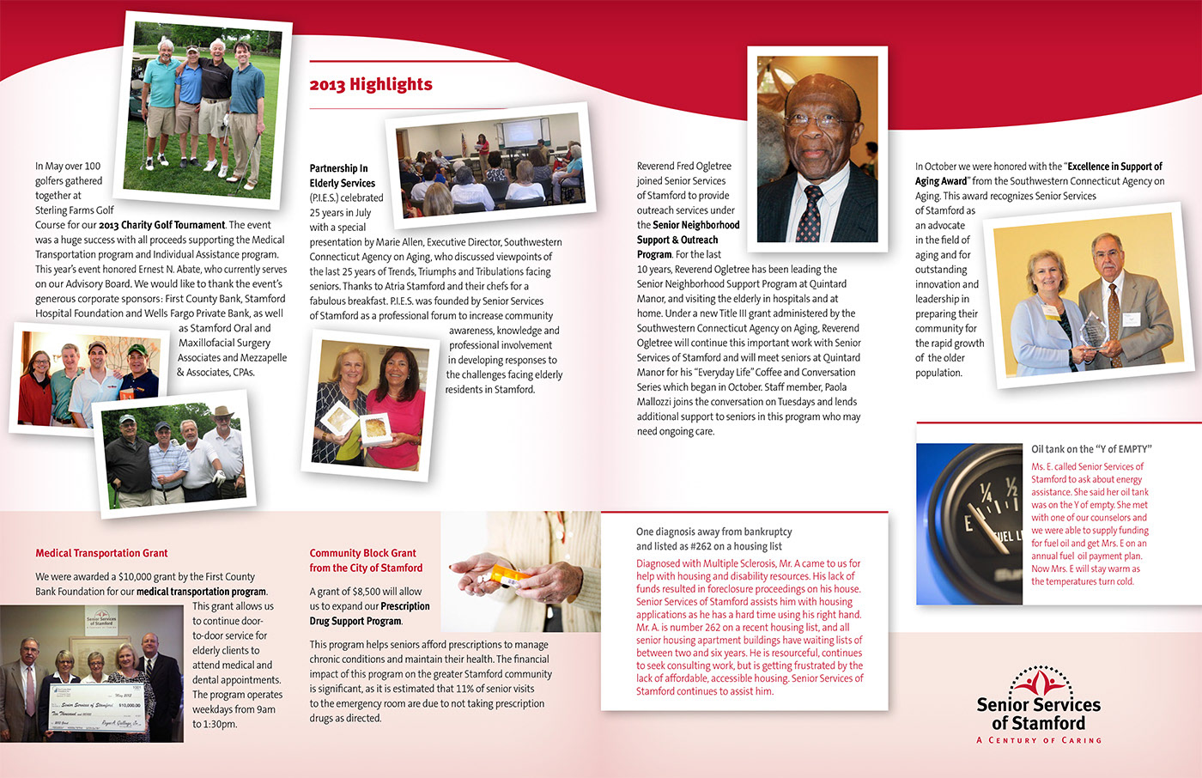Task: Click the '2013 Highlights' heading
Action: point(371,84)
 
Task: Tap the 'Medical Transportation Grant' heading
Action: point(101,553)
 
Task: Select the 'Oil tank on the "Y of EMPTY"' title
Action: point(1091,449)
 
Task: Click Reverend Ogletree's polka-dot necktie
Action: point(810,212)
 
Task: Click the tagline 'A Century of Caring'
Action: point(1039,740)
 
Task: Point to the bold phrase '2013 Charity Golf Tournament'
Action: point(161,225)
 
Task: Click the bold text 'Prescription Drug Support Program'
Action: point(369,613)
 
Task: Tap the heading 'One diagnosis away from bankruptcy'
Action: point(713,532)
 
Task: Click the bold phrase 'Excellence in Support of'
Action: point(1114,167)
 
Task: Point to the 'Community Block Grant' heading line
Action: point(362,553)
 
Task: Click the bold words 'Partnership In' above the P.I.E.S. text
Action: point(338,168)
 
